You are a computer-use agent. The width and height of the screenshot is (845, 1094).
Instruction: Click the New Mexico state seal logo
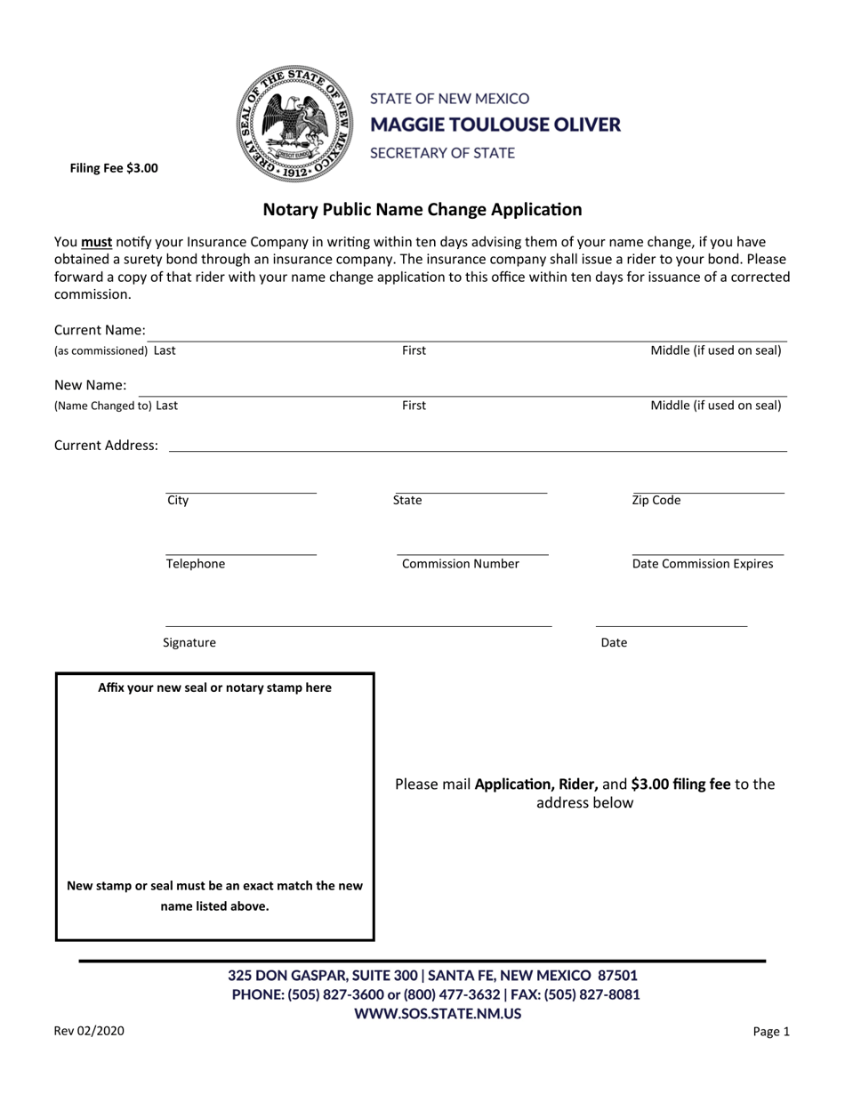pos(294,125)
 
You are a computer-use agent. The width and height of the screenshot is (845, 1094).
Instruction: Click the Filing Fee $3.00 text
pos(114,167)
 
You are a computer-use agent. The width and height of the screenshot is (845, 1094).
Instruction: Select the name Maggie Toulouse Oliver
pos(495,125)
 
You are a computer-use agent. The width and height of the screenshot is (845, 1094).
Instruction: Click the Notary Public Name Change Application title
pos(422,210)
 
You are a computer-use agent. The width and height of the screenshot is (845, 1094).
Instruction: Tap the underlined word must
pos(96,242)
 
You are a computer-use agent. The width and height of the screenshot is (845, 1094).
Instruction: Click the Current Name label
pos(100,331)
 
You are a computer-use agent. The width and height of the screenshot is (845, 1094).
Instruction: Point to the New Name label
pos(90,385)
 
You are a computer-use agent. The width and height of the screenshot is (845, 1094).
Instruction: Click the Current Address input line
pos(478,450)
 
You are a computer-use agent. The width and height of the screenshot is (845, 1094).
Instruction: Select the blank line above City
pos(240,492)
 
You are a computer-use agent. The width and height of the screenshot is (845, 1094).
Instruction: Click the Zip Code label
pos(656,500)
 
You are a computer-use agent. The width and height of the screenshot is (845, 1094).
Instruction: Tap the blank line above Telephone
pos(240,554)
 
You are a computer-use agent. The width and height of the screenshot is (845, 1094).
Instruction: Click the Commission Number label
pos(460,564)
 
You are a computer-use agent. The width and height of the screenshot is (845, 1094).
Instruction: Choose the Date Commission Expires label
pos(703,564)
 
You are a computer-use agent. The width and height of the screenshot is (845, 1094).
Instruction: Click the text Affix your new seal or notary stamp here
pos(214,688)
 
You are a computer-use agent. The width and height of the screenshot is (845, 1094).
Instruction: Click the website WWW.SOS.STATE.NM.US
pos(438,1013)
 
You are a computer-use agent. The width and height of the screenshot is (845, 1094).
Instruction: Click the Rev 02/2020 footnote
pos(89,1032)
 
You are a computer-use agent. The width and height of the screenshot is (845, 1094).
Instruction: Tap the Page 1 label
pos(770,1033)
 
